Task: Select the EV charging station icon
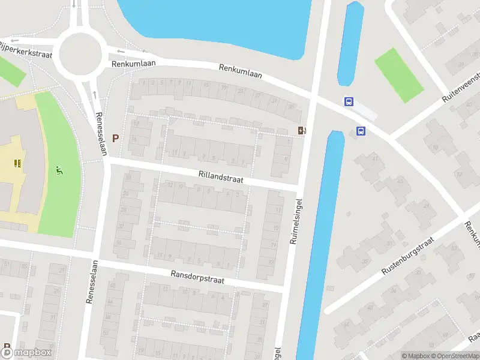pyautogui.click(x=301, y=130)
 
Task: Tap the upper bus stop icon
pyautogui.click(x=348, y=101)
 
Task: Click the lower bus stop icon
pyautogui.click(x=361, y=131)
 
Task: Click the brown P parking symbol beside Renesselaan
pyautogui.click(x=115, y=138)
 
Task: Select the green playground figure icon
pyautogui.click(x=59, y=170)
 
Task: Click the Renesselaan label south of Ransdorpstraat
pyautogui.click(x=92, y=282)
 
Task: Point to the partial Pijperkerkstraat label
pyautogui.click(x=26, y=49)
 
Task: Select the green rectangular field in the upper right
pyautogui.click(x=399, y=74)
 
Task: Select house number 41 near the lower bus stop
pyautogui.click(x=377, y=158)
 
